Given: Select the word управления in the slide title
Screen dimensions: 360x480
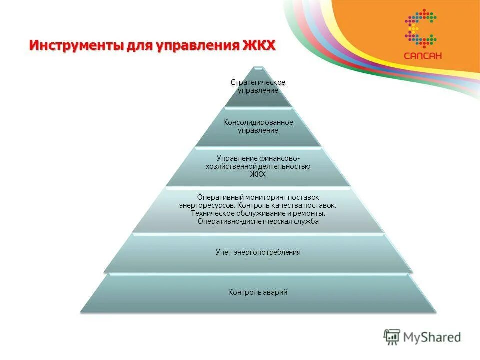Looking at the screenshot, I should [189, 45].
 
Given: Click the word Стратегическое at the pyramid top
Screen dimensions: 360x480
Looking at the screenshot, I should [258, 82].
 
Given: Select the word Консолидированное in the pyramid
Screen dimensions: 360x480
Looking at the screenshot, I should [258, 122].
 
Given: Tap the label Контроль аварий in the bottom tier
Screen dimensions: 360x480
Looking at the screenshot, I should [258, 292].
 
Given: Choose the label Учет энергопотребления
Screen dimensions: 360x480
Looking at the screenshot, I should [258, 252].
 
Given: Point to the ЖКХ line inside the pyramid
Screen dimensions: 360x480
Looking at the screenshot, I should [258, 174].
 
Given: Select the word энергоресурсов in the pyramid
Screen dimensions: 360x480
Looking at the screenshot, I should [207, 205].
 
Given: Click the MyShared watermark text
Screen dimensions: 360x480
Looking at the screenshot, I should [432, 337].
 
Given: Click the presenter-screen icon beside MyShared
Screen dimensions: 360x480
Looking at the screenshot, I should [392, 337].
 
